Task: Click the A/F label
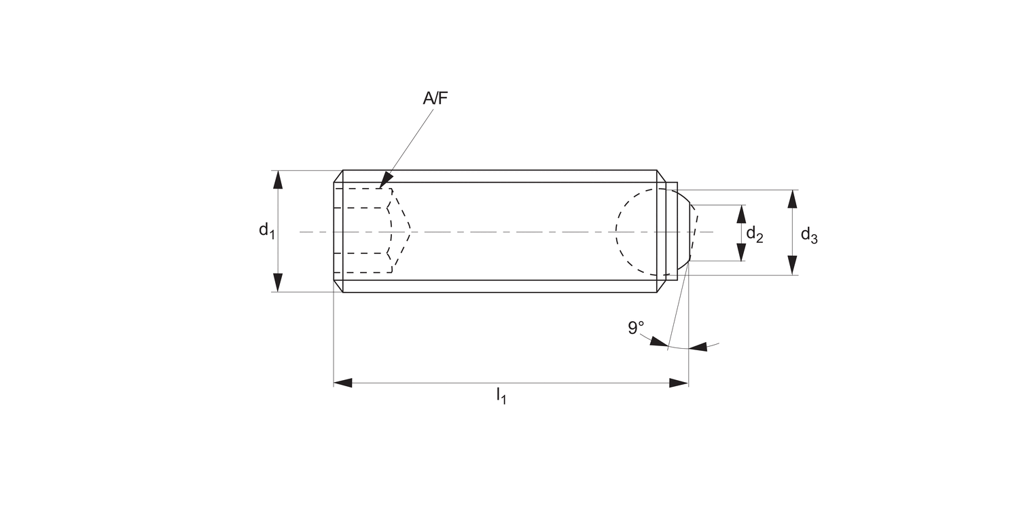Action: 435,98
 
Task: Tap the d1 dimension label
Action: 266,230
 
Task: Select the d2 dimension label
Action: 755,234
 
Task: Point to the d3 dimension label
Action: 808,235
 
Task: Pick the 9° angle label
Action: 636,328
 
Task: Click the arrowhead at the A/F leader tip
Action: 385,181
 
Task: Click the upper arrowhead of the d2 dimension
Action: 741,214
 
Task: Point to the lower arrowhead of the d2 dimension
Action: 741,252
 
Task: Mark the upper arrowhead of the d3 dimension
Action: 792,200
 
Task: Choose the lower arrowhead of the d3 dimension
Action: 792,265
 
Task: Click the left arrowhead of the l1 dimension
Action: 343,383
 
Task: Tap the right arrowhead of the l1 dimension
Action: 679,383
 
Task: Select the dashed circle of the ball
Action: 617,231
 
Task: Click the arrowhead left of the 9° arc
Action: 658,341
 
